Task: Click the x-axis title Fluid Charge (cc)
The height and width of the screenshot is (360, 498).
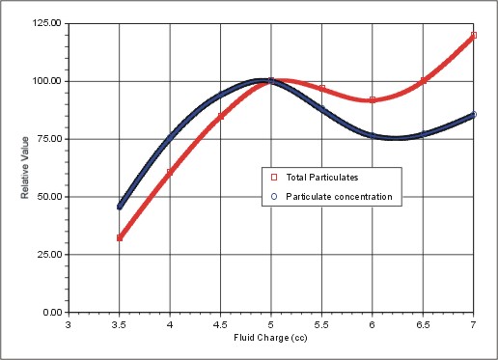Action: pos(270,339)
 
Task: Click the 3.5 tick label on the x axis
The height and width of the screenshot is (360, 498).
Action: pos(119,326)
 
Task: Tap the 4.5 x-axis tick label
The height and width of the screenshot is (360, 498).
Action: pos(220,326)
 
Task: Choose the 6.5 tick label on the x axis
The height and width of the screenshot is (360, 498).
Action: pos(423,326)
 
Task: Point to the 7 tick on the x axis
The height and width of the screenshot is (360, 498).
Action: pos(474,326)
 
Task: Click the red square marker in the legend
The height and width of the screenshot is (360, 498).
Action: pos(274,178)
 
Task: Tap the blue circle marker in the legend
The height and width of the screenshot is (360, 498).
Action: pos(274,197)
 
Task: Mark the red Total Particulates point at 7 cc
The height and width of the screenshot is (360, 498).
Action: pos(474,36)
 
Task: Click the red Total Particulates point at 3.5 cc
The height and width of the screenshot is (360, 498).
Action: pos(119,237)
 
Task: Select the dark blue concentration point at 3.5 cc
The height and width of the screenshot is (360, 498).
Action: pos(120,206)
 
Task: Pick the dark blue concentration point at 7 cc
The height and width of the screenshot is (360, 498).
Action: pos(474,115)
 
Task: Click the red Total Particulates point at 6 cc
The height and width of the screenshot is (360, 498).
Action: pos(373,100)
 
